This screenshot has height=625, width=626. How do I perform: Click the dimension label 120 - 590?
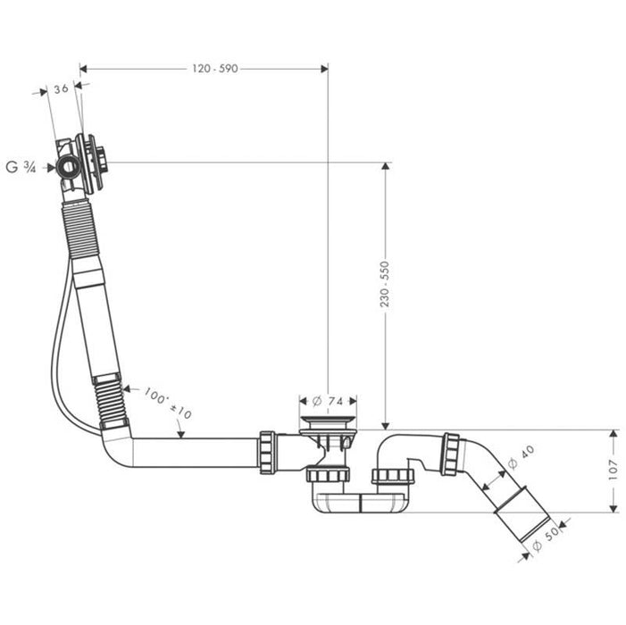(214, 69)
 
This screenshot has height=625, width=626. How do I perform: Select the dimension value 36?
(61, 88)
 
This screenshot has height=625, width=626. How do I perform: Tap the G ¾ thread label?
(21, 167)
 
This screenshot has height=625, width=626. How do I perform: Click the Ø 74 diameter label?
(328, 401)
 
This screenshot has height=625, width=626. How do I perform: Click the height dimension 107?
(613, 471)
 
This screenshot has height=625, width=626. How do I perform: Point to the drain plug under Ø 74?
(328, 426)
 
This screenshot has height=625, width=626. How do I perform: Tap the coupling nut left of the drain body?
(267, 452)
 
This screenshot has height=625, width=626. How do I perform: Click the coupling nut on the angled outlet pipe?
(450, 454)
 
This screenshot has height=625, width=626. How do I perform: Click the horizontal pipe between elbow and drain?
(196, 452)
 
